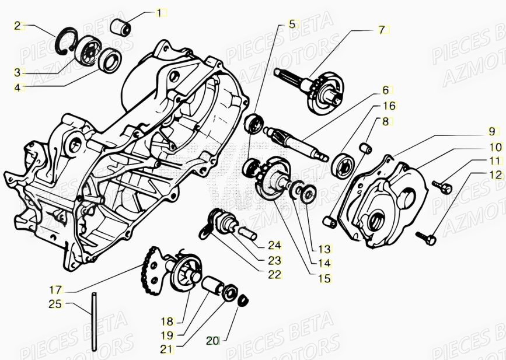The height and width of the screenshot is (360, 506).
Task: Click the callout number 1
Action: click(160, 12)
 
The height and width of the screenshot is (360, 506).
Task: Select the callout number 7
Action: click(382, 29)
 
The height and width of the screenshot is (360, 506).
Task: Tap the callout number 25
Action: click(55, 304)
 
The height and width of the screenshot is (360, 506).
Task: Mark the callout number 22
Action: click(275, 274)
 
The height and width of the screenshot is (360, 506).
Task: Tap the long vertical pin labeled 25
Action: click(93, 327)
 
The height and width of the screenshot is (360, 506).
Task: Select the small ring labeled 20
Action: click(244, 300)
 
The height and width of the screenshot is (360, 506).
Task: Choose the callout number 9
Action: click(491, 131)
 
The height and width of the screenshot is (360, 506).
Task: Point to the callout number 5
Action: click(292, 25)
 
